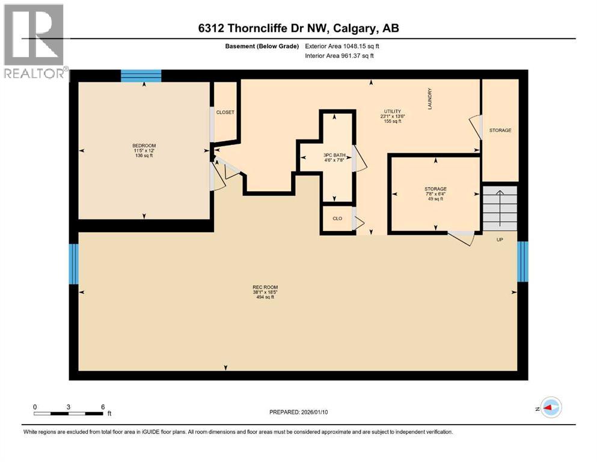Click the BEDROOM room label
point(144,146)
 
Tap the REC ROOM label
point(265,287)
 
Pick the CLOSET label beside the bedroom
point(225,112)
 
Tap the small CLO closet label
point(337,218)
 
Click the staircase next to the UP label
point(500,208)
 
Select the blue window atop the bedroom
point(141,75)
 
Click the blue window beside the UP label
point(522,261)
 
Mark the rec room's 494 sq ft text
point(265,297)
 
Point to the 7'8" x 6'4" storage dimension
point(435,194)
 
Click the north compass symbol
point(550,408)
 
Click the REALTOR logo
point(34,42)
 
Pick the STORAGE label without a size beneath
point(500,130)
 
